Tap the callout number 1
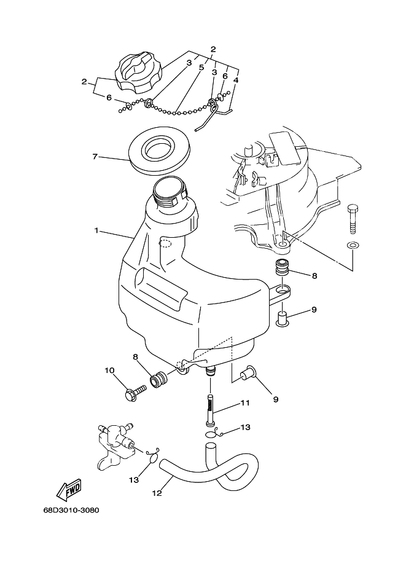click(96, 230)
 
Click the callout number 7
click(95, 156)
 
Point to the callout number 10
click(109, 370)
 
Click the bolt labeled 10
click(136, 393)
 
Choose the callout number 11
click(244, 403)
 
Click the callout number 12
click(157, 493)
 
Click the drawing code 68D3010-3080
click(71, 510)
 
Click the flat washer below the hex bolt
click(353, 245)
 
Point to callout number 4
click(235, 80)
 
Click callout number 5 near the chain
click(201, 67)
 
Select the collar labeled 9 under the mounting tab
click(282, 319)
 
